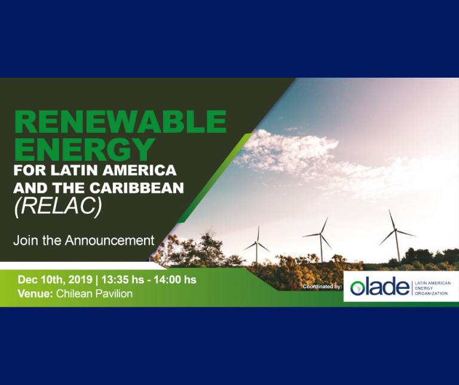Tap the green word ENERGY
(85, 149)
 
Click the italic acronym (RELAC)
(58, 207)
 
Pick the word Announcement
(109, 240)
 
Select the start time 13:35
(115, 280)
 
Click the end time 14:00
(167, 280)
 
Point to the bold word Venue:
(35, 294)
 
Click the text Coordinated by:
(322, 286)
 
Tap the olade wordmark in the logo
(380, 286)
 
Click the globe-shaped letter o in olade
(358, 288)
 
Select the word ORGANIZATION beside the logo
(431, 294)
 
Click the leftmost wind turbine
(257, 245)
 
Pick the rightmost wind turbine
(396, 235)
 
